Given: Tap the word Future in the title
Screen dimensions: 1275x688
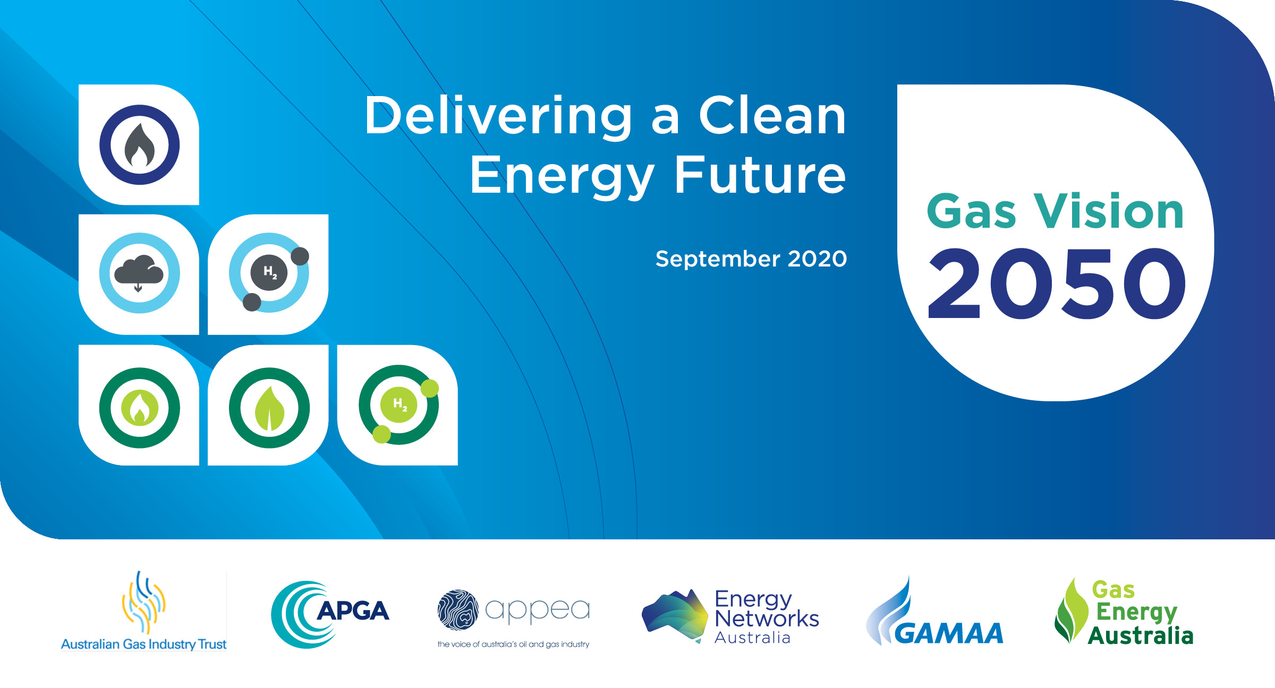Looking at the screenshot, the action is coord(760,175).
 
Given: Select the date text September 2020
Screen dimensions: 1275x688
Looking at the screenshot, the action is coord(751,259).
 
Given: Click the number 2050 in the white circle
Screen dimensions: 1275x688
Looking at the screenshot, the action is coord(1057,284).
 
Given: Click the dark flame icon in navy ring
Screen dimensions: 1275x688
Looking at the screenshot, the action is coord(139,145).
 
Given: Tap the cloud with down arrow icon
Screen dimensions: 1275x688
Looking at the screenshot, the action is coord(139,273).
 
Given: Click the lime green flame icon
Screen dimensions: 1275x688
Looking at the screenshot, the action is coord(139,408).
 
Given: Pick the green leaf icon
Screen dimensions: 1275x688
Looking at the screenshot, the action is coord(269,408).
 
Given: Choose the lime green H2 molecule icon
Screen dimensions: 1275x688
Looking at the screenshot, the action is coord(399,405).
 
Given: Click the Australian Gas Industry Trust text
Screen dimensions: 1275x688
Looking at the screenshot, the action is coord(143,644).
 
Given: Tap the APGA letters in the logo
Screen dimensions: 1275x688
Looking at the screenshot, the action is coord(353,610).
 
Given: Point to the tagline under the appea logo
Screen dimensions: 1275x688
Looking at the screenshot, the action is coord(513,644).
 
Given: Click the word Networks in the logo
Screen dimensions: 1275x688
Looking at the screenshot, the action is coord(767,619).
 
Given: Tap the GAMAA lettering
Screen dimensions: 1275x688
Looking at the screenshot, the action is coord(949,633).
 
